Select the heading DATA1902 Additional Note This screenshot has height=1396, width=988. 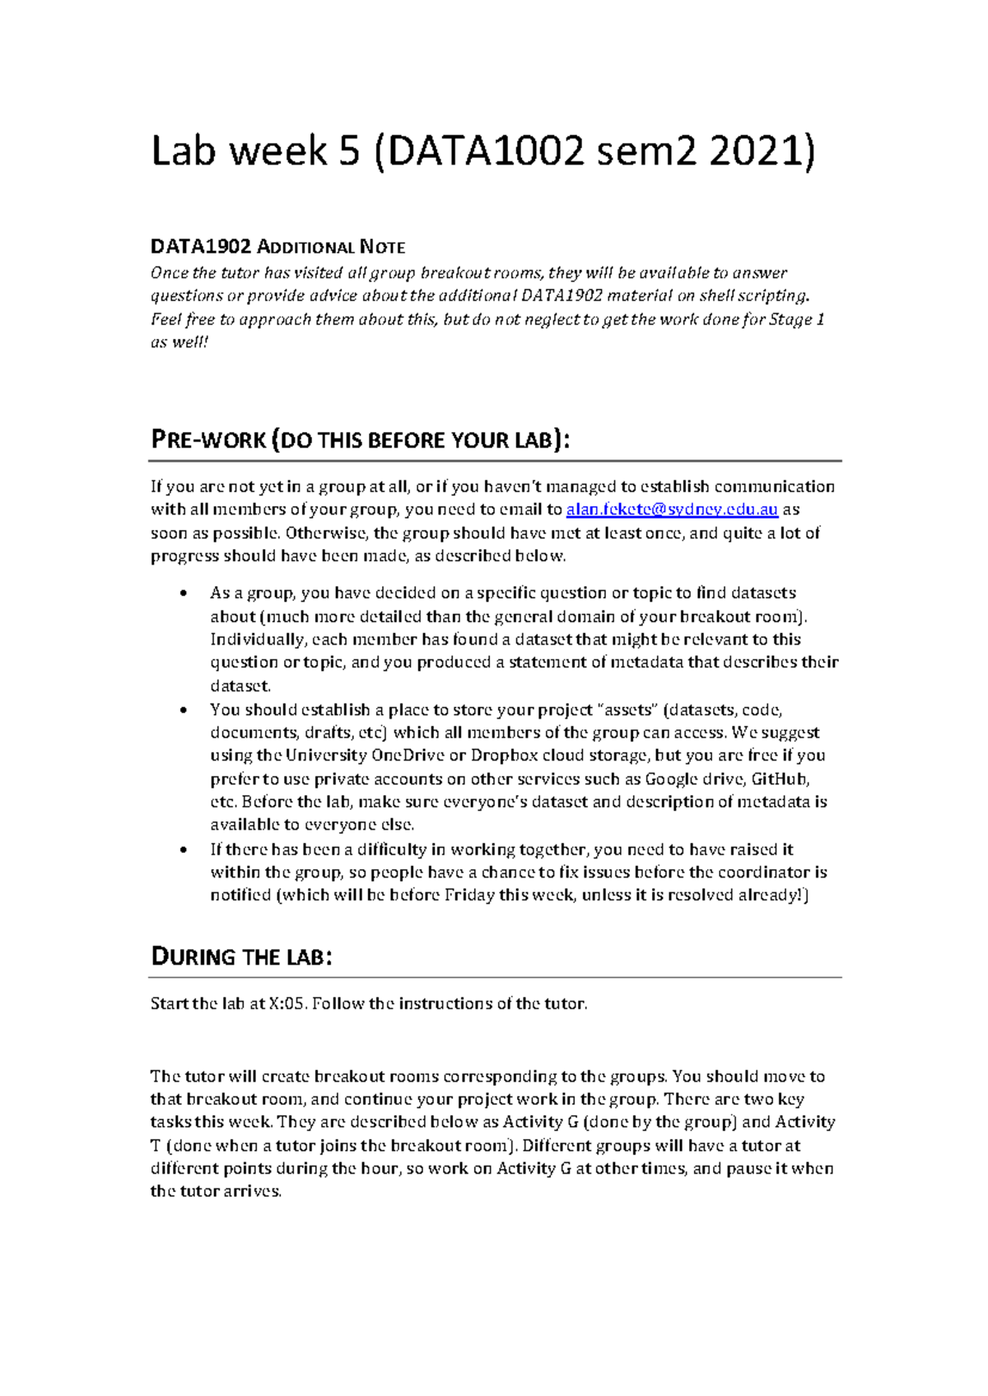coord(277,247)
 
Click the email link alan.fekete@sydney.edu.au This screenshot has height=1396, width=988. coord(672,510)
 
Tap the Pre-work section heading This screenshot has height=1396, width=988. coord(360,440)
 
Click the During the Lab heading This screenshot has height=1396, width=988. coord(241,956)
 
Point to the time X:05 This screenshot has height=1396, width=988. coord(287,1003)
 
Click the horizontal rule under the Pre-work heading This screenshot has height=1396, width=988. coord(495,461)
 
